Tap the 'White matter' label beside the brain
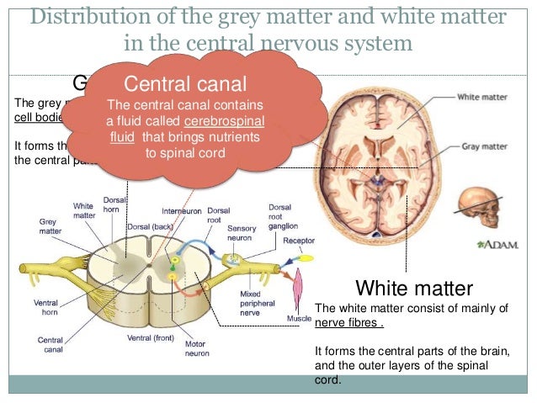tap(483, 97)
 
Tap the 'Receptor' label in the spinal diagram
tap(299, 240)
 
